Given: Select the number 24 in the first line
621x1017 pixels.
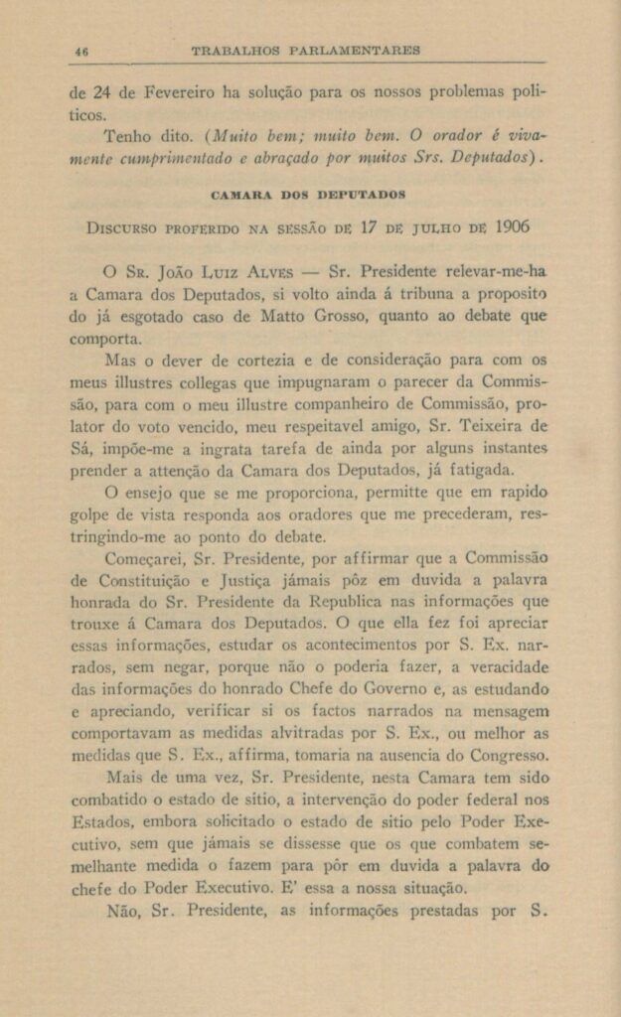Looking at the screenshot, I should pyautogui.click(x=102, y=94).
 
